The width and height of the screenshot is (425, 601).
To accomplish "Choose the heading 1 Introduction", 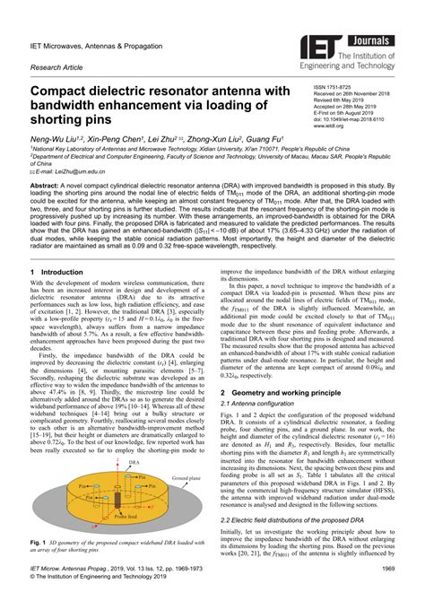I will click(56, 271).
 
